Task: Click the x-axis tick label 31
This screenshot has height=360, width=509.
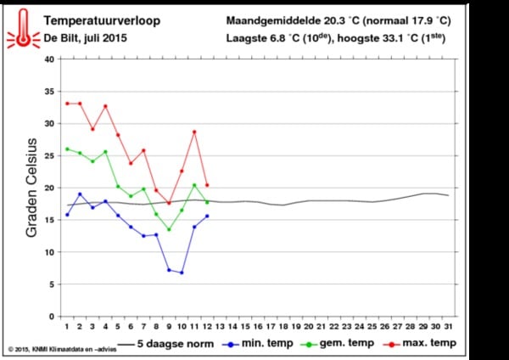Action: point(449,326)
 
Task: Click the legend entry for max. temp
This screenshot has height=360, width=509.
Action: point(422,344)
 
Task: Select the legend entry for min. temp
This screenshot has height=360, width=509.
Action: point(254,344)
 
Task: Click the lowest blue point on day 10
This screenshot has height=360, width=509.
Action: point(182,273)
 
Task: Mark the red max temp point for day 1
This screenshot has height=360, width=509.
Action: point(67,104)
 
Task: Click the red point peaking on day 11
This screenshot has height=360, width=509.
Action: point(194,132)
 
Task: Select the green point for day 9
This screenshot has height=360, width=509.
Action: point(169,229)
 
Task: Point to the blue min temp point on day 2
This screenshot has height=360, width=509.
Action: point(80,194)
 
